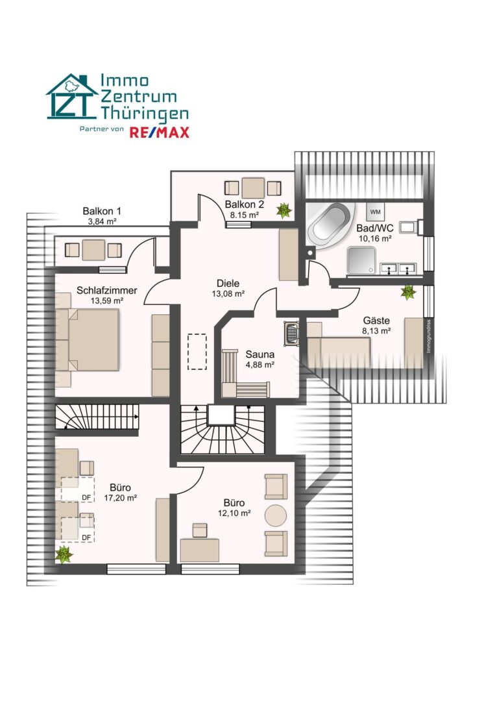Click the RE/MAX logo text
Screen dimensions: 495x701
tap(160, 132)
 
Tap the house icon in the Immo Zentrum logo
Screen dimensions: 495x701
tap(71, 97)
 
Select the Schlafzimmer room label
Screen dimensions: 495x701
tap(107, 290)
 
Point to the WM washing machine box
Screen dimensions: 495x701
tap(375, 212)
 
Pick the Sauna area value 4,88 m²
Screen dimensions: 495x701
tap(260, 365)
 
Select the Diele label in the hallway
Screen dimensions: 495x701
tap(228, 283)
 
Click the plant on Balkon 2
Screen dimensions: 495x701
tap(284, 210)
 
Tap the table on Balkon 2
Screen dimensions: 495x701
tap(253, 188)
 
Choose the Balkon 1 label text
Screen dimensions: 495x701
tap(102, 211)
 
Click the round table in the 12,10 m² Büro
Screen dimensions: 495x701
tap(276, 515)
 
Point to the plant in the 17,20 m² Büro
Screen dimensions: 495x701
tap(64, 554)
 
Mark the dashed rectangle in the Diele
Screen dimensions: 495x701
tap(197, 351)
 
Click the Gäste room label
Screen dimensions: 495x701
tap(376, 321)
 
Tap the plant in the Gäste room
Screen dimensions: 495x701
tap(408, 292)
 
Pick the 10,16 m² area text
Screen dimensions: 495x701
tap(375, 239)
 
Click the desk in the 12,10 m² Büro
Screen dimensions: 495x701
tap(199, 550)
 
